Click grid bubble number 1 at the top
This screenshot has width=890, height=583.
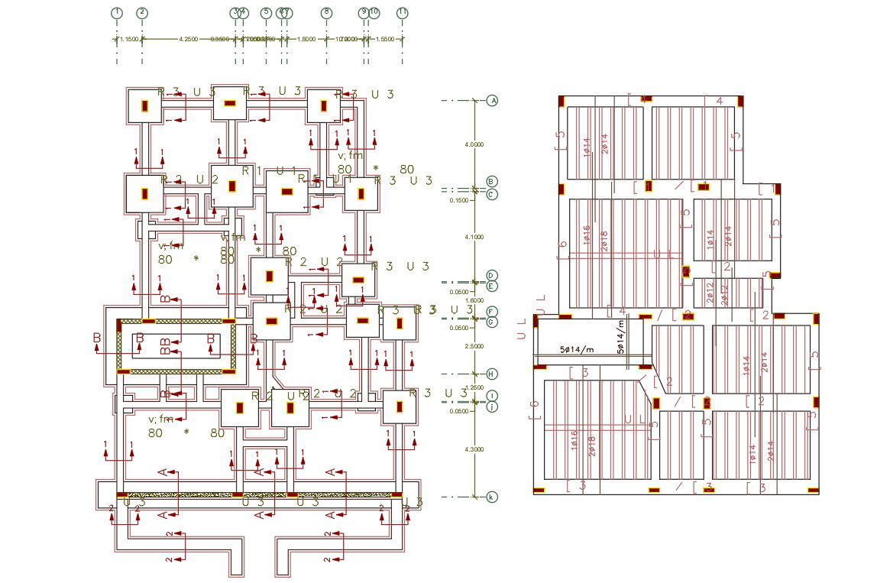[x=117, y=12]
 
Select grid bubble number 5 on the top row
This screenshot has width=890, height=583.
[x=266, y=12]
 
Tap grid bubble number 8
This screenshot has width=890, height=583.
[x=326, y=12]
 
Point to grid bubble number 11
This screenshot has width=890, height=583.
[x=402, y=12]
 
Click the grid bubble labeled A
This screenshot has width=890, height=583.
[x=493, y=100]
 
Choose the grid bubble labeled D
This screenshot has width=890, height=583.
[x=493, y=275]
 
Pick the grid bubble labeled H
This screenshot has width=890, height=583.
[x=493, y=374]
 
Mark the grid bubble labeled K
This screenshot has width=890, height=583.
[x=493, y=497]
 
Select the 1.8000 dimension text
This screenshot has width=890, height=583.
[x=306, y=39]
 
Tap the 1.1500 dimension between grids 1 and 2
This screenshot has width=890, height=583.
[x=129, y=39]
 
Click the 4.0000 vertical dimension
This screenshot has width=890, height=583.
[x=474, y=144]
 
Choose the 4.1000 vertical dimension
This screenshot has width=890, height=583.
[x=474, y=237]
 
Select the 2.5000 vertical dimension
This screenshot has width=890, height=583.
[x=474, y=347]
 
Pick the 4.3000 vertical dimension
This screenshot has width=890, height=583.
[x=474, y=449]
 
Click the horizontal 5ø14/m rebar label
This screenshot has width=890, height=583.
[x=578, y=349]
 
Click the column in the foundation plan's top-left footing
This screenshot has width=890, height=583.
[x=144, y=105]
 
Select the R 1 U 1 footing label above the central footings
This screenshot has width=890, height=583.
[x=269, y=171]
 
